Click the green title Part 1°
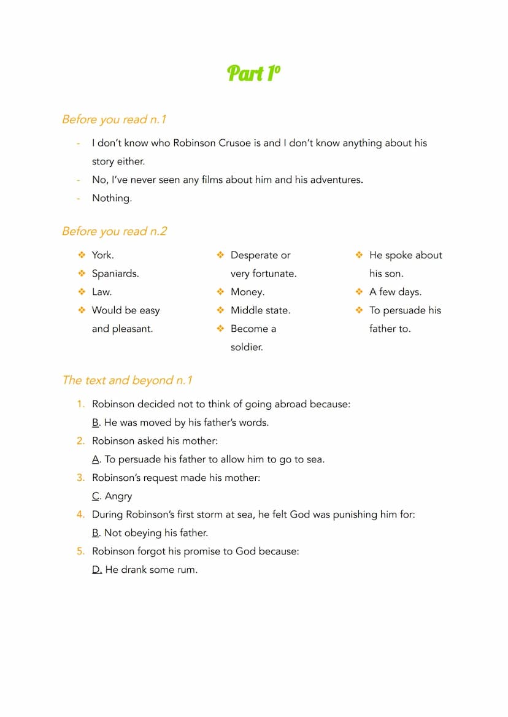point(253,73)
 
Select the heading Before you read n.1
point(114,119)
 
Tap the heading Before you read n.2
point(114,231)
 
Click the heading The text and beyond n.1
point(127,380)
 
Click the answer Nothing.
point(112,198)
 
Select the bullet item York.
point(102,255)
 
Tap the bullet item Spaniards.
point(115,274)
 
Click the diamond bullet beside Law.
point(81,292)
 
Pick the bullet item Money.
point(247,292)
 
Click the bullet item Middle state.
point(260,310)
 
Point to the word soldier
point(247,347)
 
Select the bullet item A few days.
point(395,292)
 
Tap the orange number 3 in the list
point(80,478)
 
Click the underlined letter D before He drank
point(96,570)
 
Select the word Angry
point(118,496)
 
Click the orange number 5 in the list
point(80,551)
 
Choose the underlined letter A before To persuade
point(96,459)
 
